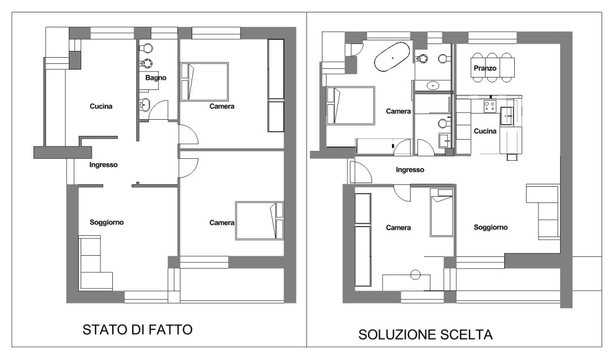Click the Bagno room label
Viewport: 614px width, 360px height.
(156, 78)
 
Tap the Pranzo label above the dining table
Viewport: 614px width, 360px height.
(484, 68)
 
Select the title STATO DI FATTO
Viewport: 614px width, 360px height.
(138, 329)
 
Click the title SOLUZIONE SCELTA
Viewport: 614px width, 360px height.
(425, 335)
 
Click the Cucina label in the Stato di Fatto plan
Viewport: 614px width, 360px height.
(100, 106)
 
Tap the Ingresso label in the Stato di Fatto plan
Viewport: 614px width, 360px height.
(104, 164)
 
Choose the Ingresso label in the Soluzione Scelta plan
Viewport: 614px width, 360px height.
(410, 169)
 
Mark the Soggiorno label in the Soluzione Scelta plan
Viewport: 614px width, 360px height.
(491, 227)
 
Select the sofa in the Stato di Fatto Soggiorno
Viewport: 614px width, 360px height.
(95, 263)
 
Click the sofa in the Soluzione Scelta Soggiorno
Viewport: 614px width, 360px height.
(543, 212)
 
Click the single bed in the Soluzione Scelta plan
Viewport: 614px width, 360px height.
(442, 213)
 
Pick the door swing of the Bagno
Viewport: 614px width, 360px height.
(159, 112)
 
